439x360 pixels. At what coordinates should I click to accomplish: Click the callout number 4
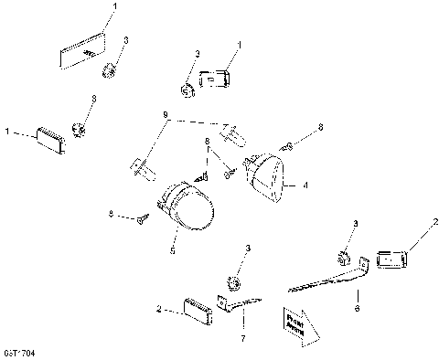[305, 185]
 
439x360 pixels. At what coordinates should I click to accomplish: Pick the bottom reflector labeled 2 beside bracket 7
[197, 308]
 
